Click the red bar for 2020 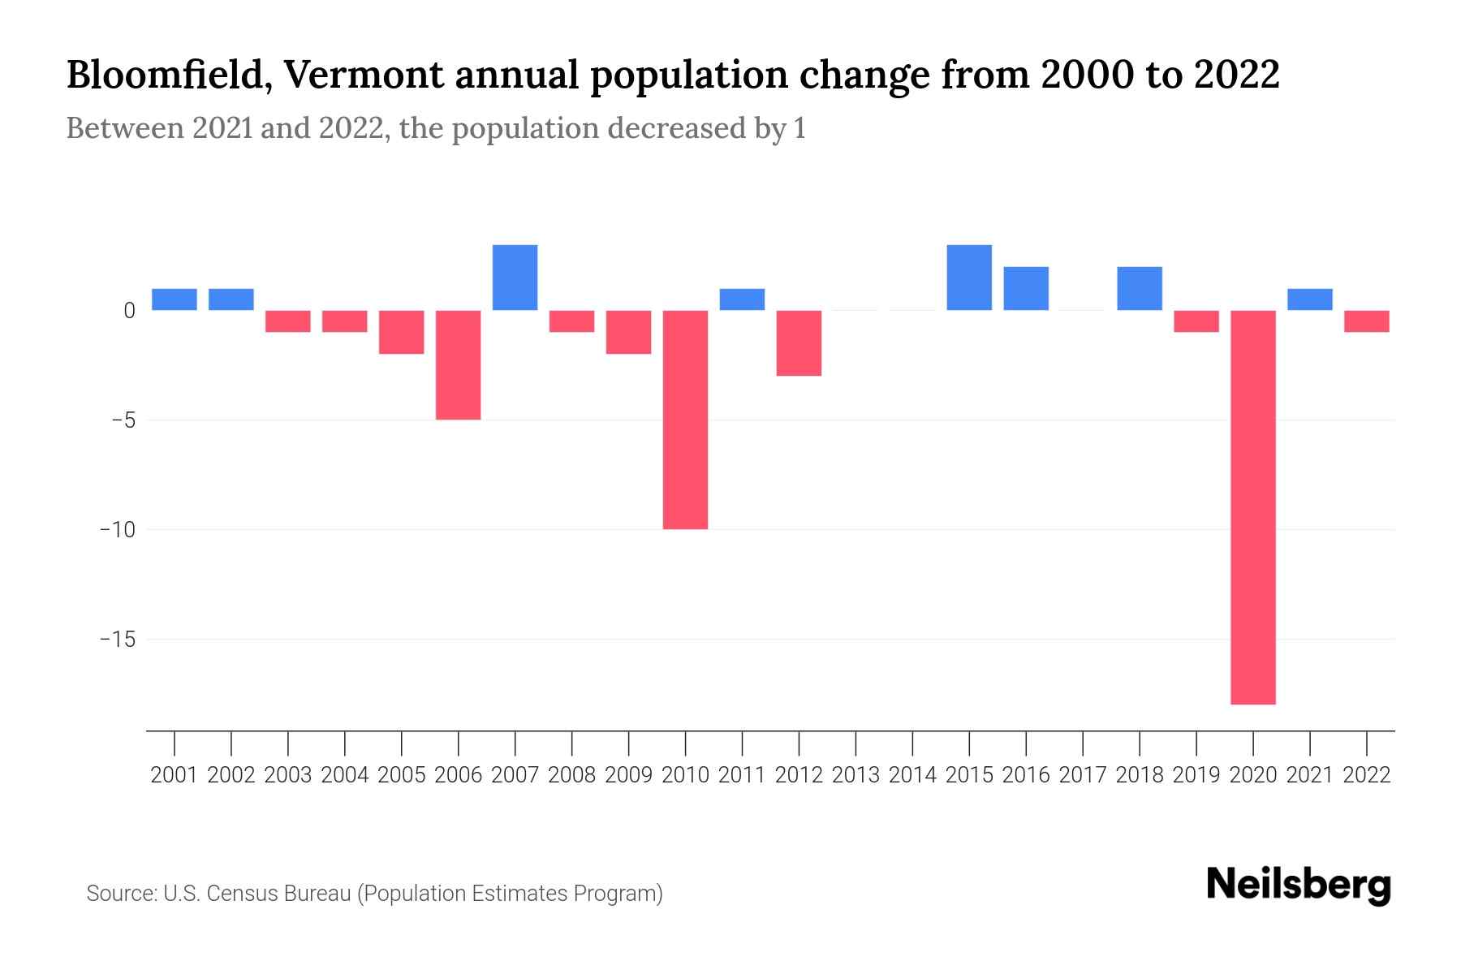coord(1252,507)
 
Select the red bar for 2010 coord(685,420)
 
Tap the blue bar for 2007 coord(515,278)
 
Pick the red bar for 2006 coord(458,365)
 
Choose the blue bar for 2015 coord(969,278)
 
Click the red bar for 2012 coord(799,343)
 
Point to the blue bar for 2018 coord(1139,289)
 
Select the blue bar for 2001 coord(175,300)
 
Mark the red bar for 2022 coord(1366,321)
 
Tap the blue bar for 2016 coord(1026,289)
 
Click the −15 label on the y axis coord(117,640)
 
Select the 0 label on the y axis coord(129,311)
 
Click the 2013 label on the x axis coord(855,775)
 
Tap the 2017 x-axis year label coord(1082,775)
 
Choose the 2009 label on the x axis coord(628,775)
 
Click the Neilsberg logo coord(1299,886)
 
